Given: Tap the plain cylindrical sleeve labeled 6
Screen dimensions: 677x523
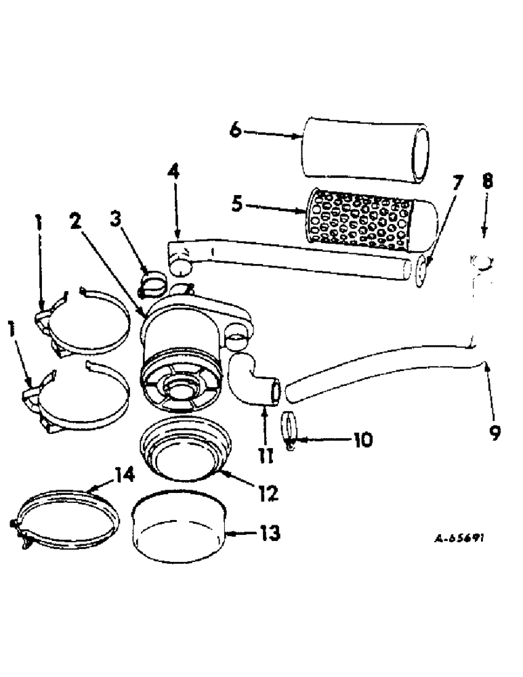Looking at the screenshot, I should pyautogui.click(x=366, y=150).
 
